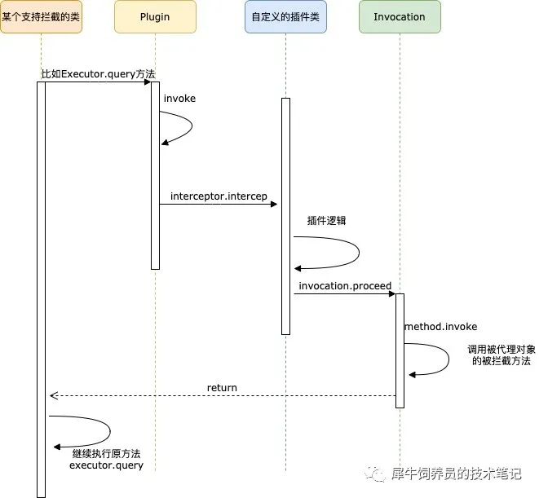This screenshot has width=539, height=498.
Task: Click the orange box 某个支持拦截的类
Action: [x=42, y=17]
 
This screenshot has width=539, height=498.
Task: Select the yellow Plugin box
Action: [x=155, y=17]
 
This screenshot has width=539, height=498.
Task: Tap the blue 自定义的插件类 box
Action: [x=285, y=17]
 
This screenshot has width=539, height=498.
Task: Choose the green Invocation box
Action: [x=400, y=17]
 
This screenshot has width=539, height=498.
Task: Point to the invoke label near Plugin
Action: [x=179, y=99]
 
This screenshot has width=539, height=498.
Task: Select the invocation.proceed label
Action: [x=345, y=286]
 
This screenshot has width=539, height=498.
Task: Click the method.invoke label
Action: [x=440, y=327]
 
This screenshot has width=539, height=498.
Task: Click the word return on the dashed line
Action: [x=222, y=388]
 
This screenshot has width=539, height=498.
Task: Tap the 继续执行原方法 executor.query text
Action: [x=106, y=459]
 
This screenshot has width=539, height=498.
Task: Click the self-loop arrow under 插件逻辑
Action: [x=356, y=253]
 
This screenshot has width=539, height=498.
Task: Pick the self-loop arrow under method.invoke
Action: [x=445, y=359]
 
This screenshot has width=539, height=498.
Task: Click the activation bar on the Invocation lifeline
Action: [x=400, y=350]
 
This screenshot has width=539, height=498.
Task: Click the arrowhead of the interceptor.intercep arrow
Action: [x=275, y=204]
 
